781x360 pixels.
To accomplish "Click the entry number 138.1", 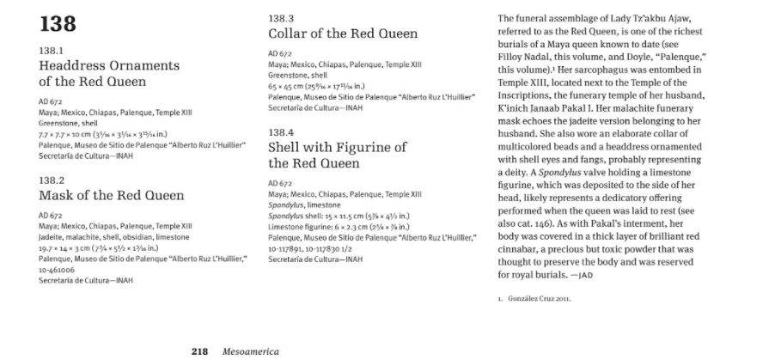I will click(x=53, y=51).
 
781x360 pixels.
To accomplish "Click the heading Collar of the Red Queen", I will click(x=343, y=34).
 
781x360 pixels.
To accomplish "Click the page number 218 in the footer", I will click(x=199, y=351).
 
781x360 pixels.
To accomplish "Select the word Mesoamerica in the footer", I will click(x=250, y=351).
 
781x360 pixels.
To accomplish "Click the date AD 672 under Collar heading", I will click(x=280, y=52).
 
